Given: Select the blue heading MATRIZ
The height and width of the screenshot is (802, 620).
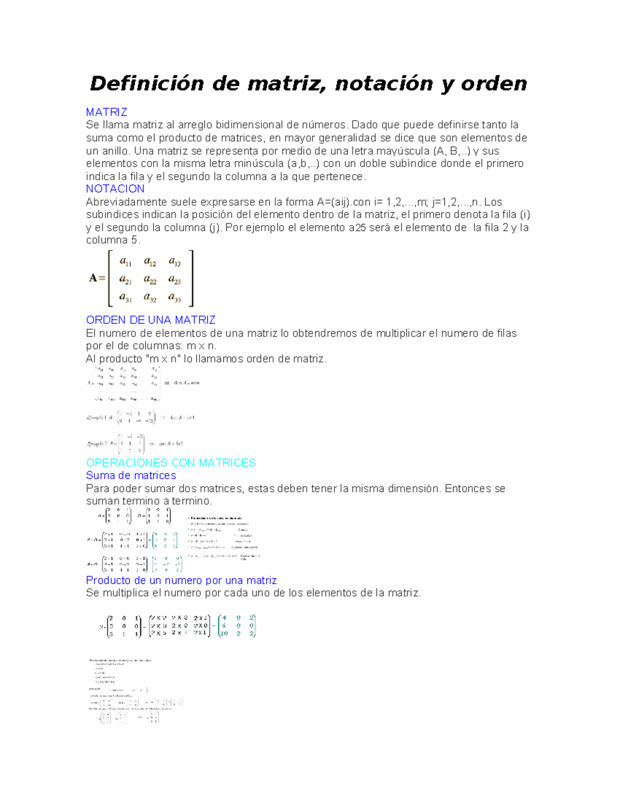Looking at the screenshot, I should [x=106, y=112].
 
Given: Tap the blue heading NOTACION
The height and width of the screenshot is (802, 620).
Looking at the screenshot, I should [x=115, y=189].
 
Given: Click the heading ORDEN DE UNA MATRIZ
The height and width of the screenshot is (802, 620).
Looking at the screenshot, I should [x=150, y=320].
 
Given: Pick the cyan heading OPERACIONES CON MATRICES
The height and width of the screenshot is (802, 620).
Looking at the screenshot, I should [x=171, y=463].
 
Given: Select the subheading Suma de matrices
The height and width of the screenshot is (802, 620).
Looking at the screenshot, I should [x=131, y=476].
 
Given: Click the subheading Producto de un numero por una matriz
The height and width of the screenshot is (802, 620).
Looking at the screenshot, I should [x=181, y=580].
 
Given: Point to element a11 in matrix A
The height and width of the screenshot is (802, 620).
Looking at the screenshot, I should [x=126, y=262].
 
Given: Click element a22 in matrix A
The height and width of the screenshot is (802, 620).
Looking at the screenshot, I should [x=150, y=280].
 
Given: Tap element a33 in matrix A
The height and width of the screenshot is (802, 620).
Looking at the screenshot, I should [x=175, y=298].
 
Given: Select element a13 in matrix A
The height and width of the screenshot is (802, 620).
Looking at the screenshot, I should [x=175, y=262].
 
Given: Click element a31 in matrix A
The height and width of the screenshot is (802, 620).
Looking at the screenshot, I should [x=126, y=298].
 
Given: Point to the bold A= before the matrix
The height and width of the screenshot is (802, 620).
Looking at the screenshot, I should [x=97, y=278].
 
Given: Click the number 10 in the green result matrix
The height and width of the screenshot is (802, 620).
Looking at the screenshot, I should [x=224, y=633].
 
